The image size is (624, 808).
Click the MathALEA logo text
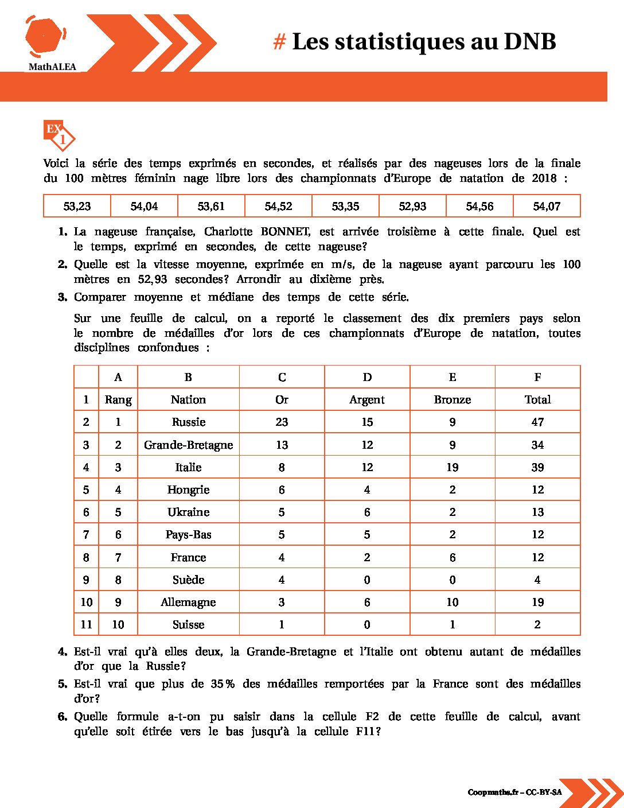(52, 67)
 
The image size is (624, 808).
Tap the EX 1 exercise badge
(59, 134)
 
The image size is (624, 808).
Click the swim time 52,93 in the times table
(412, 206)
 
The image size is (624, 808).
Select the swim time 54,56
(479, 206)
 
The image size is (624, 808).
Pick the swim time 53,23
(77, 206)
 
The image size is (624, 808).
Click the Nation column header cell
(188, 399)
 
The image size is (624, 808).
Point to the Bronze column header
(452, 399)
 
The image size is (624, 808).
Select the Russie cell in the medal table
(188, 422)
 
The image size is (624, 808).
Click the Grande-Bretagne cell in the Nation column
(188, 445)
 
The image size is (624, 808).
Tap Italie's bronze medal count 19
(452, 467)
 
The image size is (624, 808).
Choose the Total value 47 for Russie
(537, 422)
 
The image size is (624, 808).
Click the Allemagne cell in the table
(188, 602)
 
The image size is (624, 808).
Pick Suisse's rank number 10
(118, 624)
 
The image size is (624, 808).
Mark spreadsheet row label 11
(86, 624)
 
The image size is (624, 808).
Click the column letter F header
(537, 377)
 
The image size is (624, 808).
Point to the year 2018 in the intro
(544, 178)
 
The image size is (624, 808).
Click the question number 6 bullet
(63, 716)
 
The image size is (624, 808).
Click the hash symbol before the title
(279, 42)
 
